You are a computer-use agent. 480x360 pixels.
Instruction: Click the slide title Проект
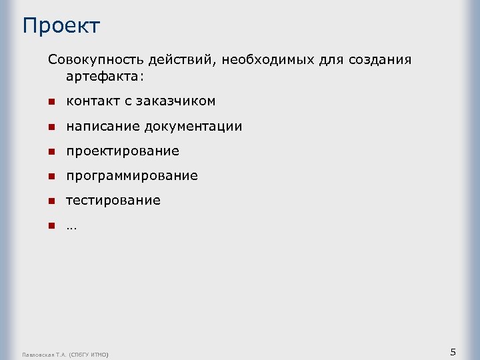(x=61, y=26)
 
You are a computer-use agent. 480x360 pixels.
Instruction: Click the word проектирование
(x=122, y=151)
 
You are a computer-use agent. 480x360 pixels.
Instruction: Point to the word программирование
(x=131, y=176)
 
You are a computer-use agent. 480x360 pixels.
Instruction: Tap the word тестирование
(x=113, y=201)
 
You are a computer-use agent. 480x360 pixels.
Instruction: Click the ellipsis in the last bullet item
(x=71, y=226)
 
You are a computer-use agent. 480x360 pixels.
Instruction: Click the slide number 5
(x=453, y=352)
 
